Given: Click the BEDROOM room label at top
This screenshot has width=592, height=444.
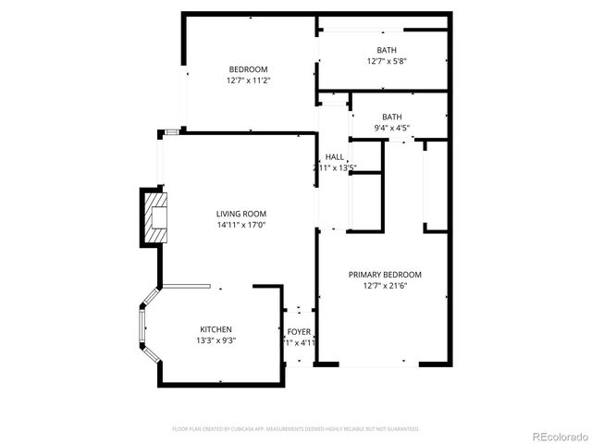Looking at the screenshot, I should [x=248, y=69].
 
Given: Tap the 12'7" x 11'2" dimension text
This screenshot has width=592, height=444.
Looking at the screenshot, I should [x=248, y=80].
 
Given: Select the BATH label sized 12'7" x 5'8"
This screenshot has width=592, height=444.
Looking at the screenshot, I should [x=387, y=50].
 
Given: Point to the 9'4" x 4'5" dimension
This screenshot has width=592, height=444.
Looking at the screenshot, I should [x=392, y=129].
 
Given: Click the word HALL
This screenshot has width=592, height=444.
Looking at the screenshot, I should [x=334, y=156].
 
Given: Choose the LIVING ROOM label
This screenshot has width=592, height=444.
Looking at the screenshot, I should [x=241, y=213].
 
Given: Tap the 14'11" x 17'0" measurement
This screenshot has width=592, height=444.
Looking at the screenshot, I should [x=241, y=225].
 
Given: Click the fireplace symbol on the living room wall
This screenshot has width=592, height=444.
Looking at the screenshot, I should [x=154, y=216].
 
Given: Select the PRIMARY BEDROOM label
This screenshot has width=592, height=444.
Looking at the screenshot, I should [x=385, y=274].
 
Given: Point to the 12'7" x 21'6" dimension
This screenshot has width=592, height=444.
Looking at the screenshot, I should [x=385, y=286].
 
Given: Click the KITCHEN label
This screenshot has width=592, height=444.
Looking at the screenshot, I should [x=216, y=329].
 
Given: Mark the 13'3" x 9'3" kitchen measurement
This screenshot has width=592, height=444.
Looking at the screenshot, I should [x=216, y=341].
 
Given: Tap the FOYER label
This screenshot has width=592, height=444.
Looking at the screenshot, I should [x=299, y=331].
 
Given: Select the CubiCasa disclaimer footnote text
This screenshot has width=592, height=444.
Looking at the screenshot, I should [x=296, y=429].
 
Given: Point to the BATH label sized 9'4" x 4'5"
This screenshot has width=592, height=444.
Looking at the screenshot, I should [x=392, y=117].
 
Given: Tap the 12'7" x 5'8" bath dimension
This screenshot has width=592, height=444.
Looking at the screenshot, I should [x=387, y=62].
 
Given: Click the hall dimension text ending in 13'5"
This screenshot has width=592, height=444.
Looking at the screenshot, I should [x=334, y=168].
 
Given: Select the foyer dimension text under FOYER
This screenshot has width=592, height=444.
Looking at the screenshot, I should [x=300, y=343].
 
